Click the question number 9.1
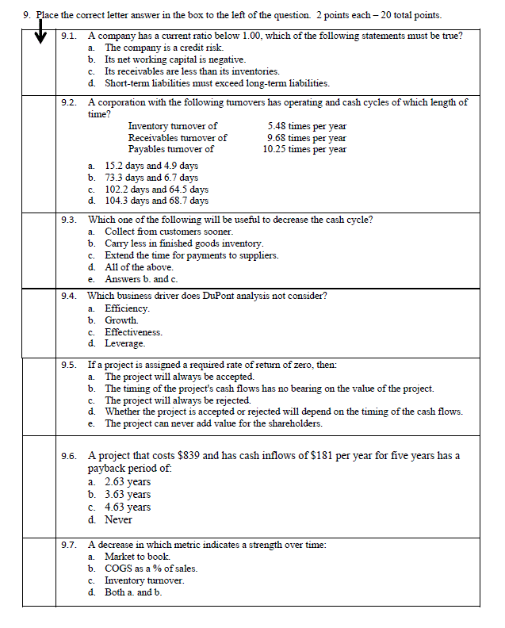[x=70, y=36]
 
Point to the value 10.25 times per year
[x=304, y=149]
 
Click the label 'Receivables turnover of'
[x=178, y=138]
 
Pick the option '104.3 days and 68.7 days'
[x=156, y=201]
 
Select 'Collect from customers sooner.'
[x=169, y=232]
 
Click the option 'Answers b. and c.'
[x=143, y=279]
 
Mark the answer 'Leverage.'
[x=125, y=343]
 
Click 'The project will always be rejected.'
[x=178, y=400]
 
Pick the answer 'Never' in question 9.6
[x=118, y=519]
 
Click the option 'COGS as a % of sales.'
[x=151, y=569]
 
